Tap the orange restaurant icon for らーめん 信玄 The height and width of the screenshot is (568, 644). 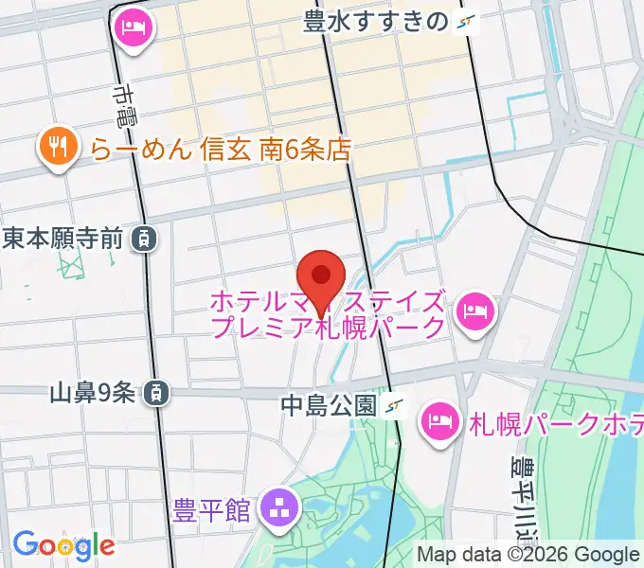pos(59,148)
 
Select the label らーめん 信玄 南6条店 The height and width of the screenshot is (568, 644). pos(222,149)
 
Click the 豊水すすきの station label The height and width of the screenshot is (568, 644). pos(375,22)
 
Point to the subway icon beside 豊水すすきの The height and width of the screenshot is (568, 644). pos(465,22)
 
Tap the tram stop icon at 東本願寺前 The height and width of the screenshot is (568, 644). pos(143,238)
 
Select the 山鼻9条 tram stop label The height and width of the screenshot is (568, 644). pos(92,390)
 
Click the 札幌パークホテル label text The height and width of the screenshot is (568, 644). pos(554,423)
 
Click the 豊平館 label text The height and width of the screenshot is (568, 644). pos(212,510)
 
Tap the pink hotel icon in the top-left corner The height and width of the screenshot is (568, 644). pos(132,26)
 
